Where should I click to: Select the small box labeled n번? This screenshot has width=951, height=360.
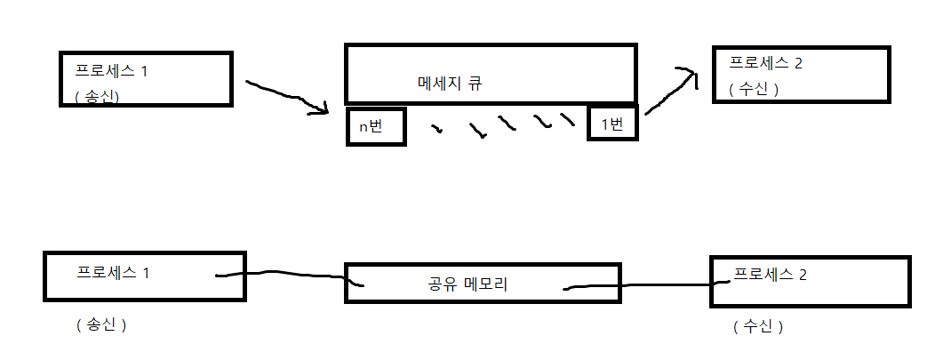[376, 126]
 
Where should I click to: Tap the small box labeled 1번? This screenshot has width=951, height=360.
[612, 124]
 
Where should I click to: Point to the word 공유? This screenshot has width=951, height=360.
[443, 284]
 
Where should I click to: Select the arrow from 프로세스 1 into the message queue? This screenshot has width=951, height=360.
[283, 95]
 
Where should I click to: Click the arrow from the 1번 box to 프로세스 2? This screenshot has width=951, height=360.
[668, 92]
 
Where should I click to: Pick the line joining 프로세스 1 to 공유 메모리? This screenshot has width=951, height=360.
[284, 275]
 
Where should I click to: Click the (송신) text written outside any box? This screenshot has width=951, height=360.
[102, 325]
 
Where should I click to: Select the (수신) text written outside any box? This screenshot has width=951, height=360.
[758, 326]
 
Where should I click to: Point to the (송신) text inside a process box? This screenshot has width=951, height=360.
[100, 96]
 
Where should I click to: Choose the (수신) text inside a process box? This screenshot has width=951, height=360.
[754, 89]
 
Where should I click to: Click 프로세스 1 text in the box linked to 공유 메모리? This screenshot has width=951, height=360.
[113, 272]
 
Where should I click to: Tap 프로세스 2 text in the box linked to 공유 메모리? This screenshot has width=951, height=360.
[771, 274]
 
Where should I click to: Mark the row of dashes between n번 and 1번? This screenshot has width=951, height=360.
[502, 125]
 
